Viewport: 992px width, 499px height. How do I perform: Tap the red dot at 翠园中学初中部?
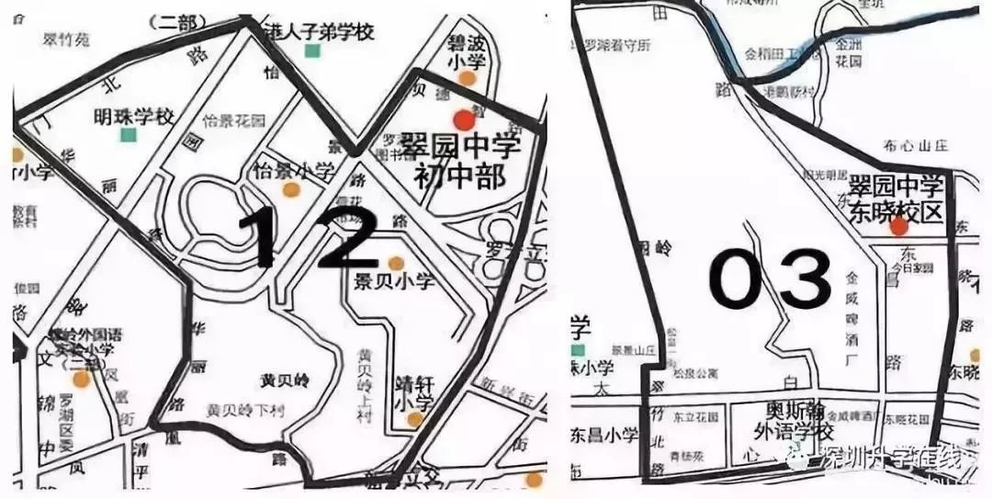pyautogui.click(x=463, y=119)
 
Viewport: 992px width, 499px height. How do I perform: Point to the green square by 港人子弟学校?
pyautogui.click(x=313, y=51)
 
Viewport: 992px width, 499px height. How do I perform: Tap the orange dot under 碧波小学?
pyautogui.click(x=468, y=80)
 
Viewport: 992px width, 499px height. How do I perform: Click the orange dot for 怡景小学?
pyautogui.click(x=292, y=191)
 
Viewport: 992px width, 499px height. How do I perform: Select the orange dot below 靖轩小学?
pyautogui.click(x=415, y=420)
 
